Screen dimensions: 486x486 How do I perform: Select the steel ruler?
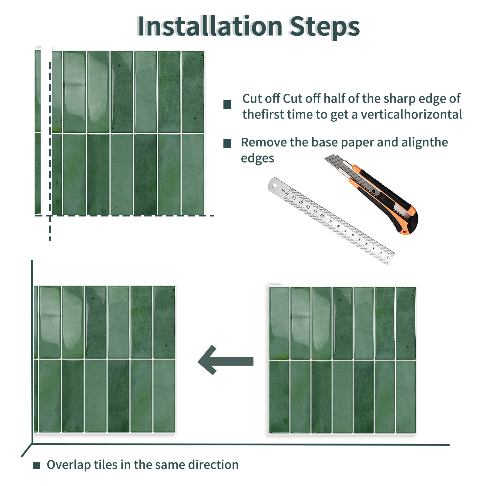point(331,221)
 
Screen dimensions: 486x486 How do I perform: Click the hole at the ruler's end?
point(275,185)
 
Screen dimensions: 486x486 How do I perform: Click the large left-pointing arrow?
point(226,360)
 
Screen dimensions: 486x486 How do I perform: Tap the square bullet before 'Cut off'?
point(227,105)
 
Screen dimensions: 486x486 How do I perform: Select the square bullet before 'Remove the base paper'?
point(227,143)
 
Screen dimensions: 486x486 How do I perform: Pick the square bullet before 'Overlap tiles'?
point(37,465)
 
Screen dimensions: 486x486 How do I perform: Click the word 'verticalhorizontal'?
point(411,115)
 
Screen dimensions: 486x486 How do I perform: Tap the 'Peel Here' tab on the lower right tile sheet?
point(276,284)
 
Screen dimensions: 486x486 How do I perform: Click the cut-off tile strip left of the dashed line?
point(38,132)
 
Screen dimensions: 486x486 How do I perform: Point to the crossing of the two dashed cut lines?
point(50,216)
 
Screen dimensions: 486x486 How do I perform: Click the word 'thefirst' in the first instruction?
point(263,115)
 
